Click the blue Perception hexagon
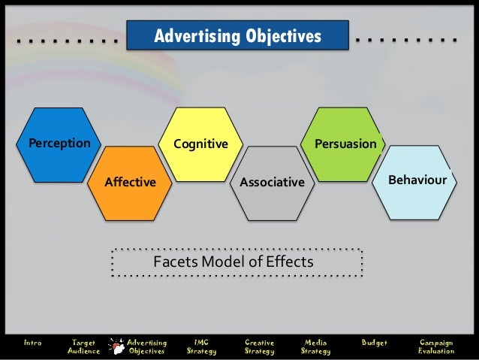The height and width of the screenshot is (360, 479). (x=59, y=144)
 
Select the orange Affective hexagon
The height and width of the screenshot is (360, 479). (x=130, y=182)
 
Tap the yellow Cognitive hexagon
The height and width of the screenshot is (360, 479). (x=200, y=144)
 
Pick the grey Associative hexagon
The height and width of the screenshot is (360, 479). (x=272, y=183)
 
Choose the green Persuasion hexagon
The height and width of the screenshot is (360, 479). (x=345, y=143)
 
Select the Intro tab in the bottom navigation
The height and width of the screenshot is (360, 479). (x=33, y=343)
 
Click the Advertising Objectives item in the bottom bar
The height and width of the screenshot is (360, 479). (x=147, y=346)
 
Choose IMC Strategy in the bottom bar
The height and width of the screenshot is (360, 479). (x=201, y=346)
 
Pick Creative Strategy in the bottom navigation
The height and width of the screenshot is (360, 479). (x=259, y=346)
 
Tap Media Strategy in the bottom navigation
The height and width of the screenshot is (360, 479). (x=315, y=346)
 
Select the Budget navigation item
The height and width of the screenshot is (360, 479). (x=375, y=343)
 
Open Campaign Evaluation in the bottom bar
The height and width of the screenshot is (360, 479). (x=436, y=346)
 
